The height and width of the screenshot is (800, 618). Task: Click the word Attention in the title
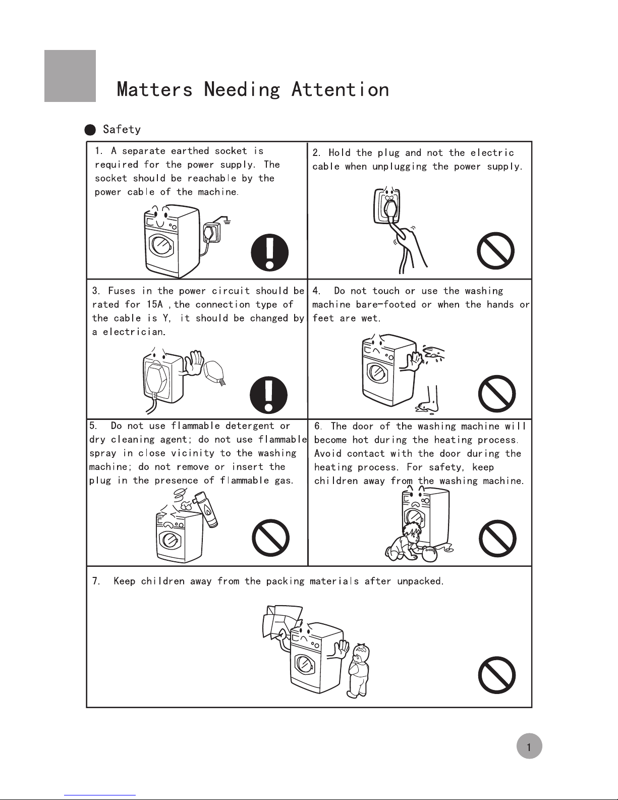point(340,90)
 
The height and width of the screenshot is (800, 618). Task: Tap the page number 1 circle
point(529,748)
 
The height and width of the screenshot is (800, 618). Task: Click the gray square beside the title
point(70,76)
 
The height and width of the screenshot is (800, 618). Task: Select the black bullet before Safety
point(90,130)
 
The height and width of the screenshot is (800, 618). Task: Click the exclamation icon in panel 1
point(270,252)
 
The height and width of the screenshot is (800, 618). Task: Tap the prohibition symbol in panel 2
point(496,251)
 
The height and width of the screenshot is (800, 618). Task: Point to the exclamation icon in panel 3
point(270,394)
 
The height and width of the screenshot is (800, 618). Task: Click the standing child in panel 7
point(359,669)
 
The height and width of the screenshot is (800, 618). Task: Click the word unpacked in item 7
point(420,581)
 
